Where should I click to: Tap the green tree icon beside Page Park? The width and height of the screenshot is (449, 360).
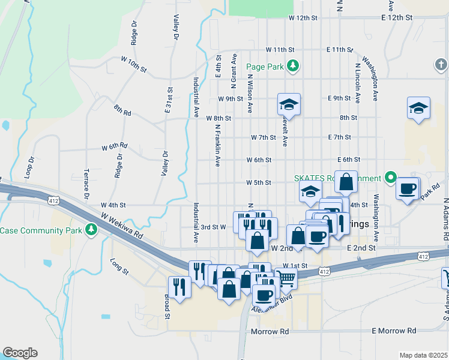pyautogui.click(x=292, y=65)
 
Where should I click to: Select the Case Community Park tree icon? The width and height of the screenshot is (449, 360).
pyautogui.click(x=91, y=230)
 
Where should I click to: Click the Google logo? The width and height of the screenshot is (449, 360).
pyautogui.click(x=20, y=353)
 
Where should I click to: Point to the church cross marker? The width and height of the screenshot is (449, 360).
pyautogui.click(x=441, y=64)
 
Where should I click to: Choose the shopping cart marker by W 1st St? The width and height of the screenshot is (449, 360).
pyautogui.click(x=286, y=278)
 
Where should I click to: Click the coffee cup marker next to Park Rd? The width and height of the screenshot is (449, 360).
pyautogui.click(x=408, y=188)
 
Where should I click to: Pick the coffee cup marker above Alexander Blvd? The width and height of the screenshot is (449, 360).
pyautogui.click(x=264, y=295)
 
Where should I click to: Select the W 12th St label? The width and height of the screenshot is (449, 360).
pyautogui.click(x=302, y=18)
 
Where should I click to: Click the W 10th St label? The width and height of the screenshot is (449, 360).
pyautogui.click(x=133, y=65)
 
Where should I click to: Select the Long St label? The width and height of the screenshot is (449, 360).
pyautogui.click(x=120, y=266)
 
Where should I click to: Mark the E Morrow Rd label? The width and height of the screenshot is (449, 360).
pyautogui.click(x=394, y=331)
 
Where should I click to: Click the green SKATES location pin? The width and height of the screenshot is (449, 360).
pyautogui.click(x=390, y=178)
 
